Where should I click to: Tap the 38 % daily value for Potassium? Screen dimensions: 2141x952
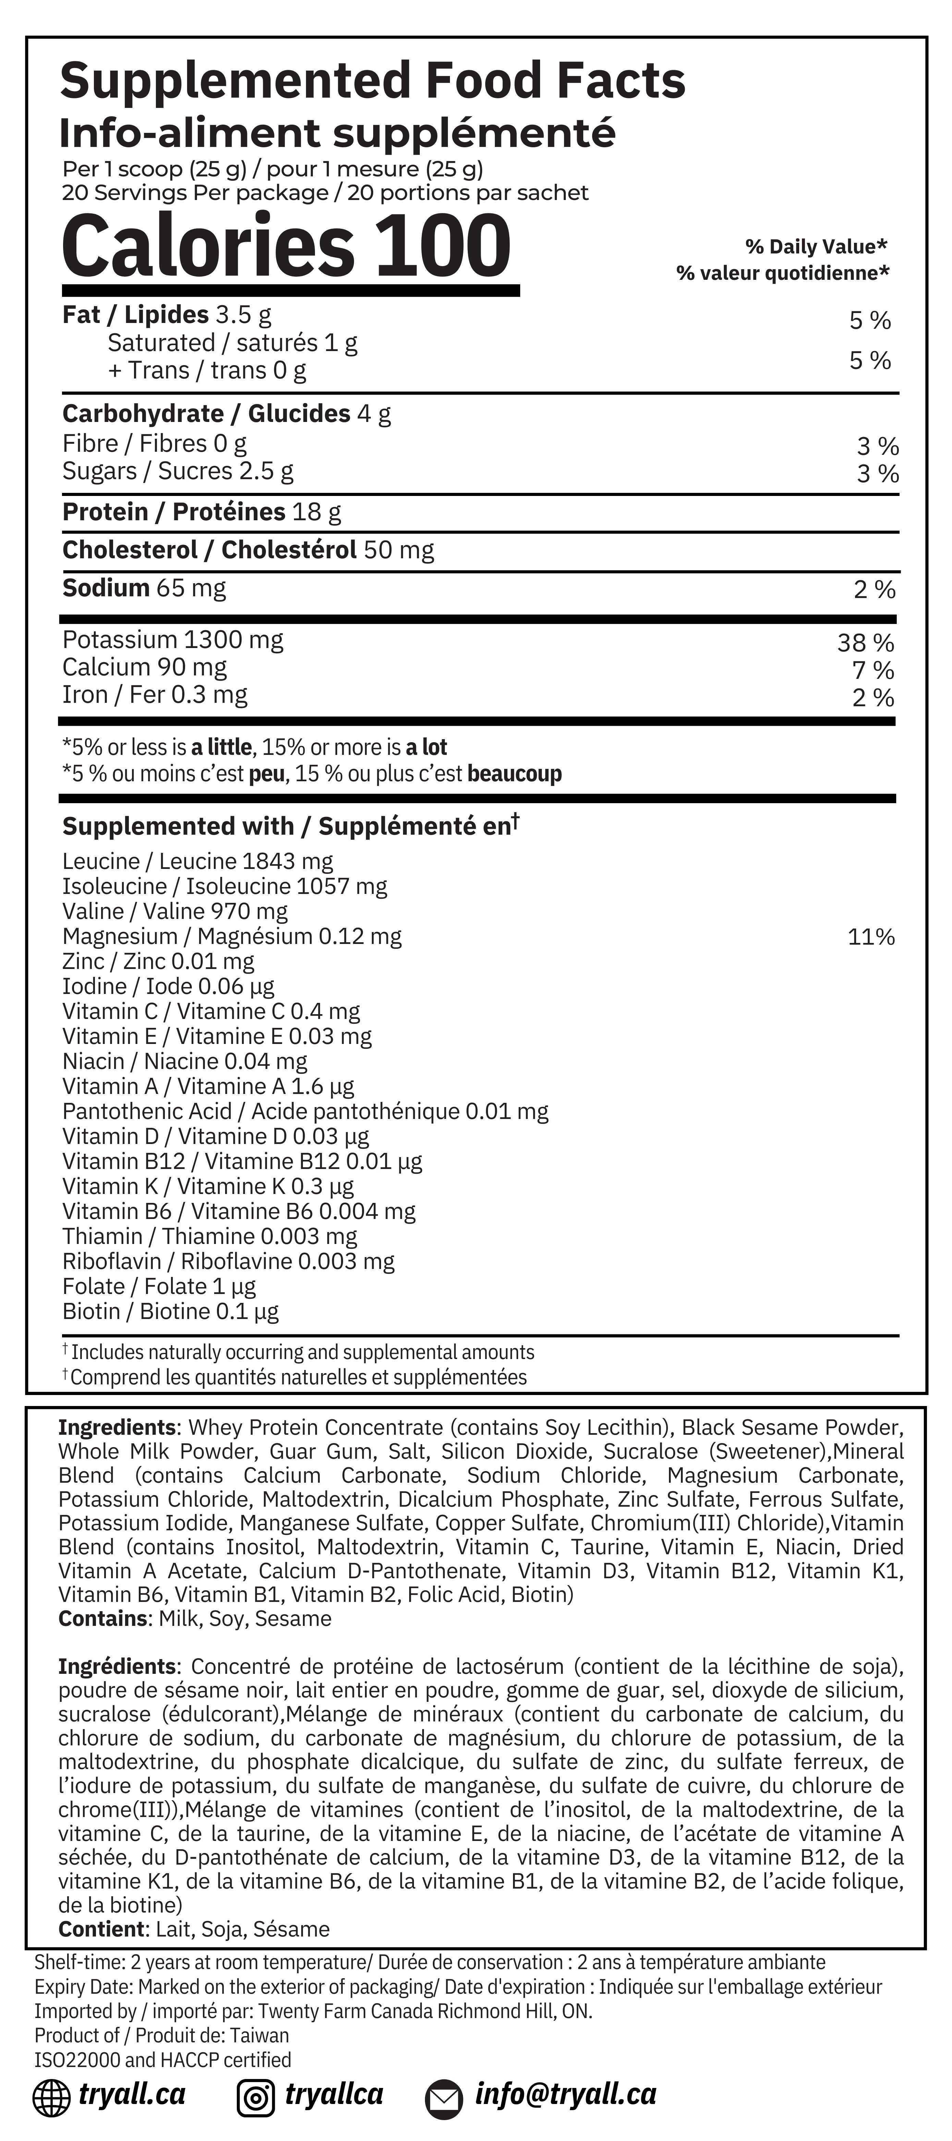(x=866, y=643)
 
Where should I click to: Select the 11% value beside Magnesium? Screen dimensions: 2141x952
(x=870, y=937)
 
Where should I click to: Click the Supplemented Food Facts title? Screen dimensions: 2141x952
(x=373, y=80)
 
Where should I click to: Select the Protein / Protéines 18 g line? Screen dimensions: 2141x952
(x=202, y=512)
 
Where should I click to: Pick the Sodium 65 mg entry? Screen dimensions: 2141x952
(x=144, y=588)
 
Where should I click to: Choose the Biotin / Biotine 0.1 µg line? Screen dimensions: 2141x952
(x=170, y=1311)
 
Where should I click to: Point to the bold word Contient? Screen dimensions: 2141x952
(x=101, y=1929)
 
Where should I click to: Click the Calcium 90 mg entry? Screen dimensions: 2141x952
(x=144, y=668)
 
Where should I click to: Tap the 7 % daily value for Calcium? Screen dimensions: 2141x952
(x=872, y=670)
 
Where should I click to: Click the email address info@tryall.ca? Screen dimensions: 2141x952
(x=565, y=2094)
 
